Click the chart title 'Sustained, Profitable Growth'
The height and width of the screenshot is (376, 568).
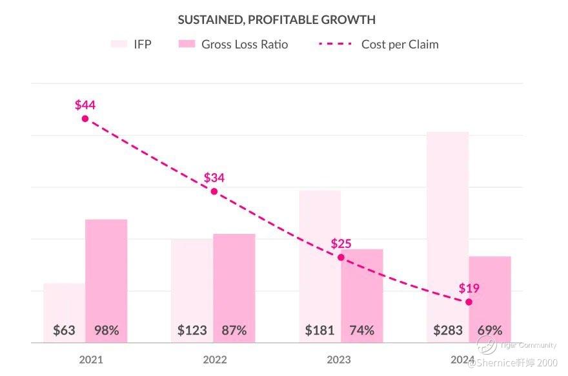click(x=276, y=20)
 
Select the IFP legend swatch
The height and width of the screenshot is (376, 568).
click(x=119, y=44)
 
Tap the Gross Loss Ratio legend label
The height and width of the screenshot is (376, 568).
click(x=245, y=45)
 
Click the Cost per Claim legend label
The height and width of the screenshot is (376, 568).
click(x=400, y=45)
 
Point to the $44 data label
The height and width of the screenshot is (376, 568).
click(x=85, y=105)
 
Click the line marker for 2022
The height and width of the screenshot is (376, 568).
click(x=214, y=191)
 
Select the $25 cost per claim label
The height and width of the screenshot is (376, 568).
click(x=341, y=244)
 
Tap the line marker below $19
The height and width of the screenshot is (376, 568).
click(x=469, y=302)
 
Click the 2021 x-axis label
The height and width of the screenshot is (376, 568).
click(x=91, y=360)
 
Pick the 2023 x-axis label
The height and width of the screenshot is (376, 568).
click(x=338, y=360)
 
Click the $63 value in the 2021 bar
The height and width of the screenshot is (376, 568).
click(x=64, y=330)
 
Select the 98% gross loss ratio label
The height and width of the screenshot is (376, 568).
click(x=107, y=330)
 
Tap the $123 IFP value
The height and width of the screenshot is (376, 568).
click(x=192, y=330)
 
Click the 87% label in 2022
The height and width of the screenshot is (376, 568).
click(x=234, y=330)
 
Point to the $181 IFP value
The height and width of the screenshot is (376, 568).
click(x=319, y=330)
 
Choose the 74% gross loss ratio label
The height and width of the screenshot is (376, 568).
click(x=361, y=330)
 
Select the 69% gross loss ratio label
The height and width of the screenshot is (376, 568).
click(x=489, y=330)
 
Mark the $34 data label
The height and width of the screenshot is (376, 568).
click(x=214, y=177)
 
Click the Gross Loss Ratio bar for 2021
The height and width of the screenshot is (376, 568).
click(x=107, y=271)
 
